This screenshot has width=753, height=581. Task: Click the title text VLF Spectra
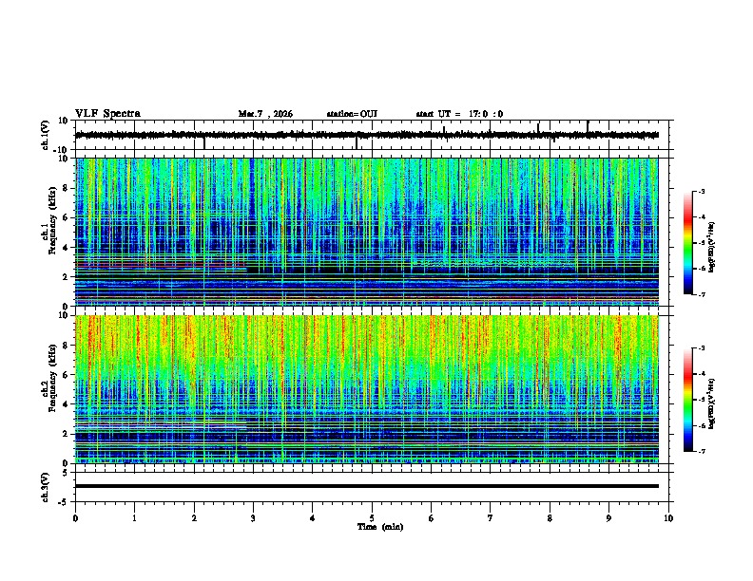tap(107, 113)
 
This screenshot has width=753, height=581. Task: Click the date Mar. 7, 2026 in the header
tap(265, 114)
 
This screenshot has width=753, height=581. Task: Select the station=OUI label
tap(352, 114)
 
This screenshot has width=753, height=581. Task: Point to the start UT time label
tap(459, 114)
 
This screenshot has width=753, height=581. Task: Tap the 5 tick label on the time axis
tap(372, 517)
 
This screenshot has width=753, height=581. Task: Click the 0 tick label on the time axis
tap(75, 517)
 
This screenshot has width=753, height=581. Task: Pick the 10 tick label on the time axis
tap(668, 517)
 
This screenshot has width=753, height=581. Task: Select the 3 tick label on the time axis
tap(253, 517)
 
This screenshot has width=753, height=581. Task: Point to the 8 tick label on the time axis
tap(550, 517)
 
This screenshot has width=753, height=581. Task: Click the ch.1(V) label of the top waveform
tap(46, 136)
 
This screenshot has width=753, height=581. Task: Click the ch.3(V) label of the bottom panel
tap(46, 486)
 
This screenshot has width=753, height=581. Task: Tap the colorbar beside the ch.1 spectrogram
tap(687, 243)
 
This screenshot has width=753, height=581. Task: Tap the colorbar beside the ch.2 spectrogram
tap(687, 400)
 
